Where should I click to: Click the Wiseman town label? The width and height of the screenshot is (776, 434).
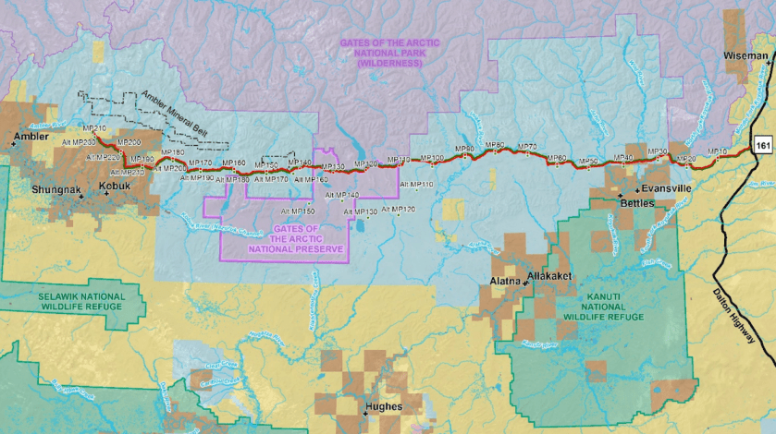[x=745, y=56]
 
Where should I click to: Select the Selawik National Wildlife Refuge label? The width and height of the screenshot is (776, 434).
[x=79, y=302]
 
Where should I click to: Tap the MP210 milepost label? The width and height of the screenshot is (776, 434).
[x=94, y=127]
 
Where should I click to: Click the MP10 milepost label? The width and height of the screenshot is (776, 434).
[x=717, y=151]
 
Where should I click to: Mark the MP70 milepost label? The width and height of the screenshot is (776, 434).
[x=527, y=147]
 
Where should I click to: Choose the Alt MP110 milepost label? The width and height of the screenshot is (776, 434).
[x=416, y=185]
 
